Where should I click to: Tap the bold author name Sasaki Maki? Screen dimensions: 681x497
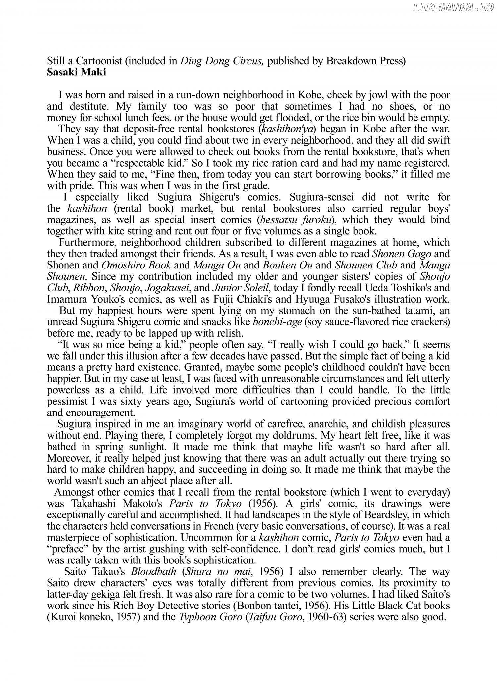[77, 72]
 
